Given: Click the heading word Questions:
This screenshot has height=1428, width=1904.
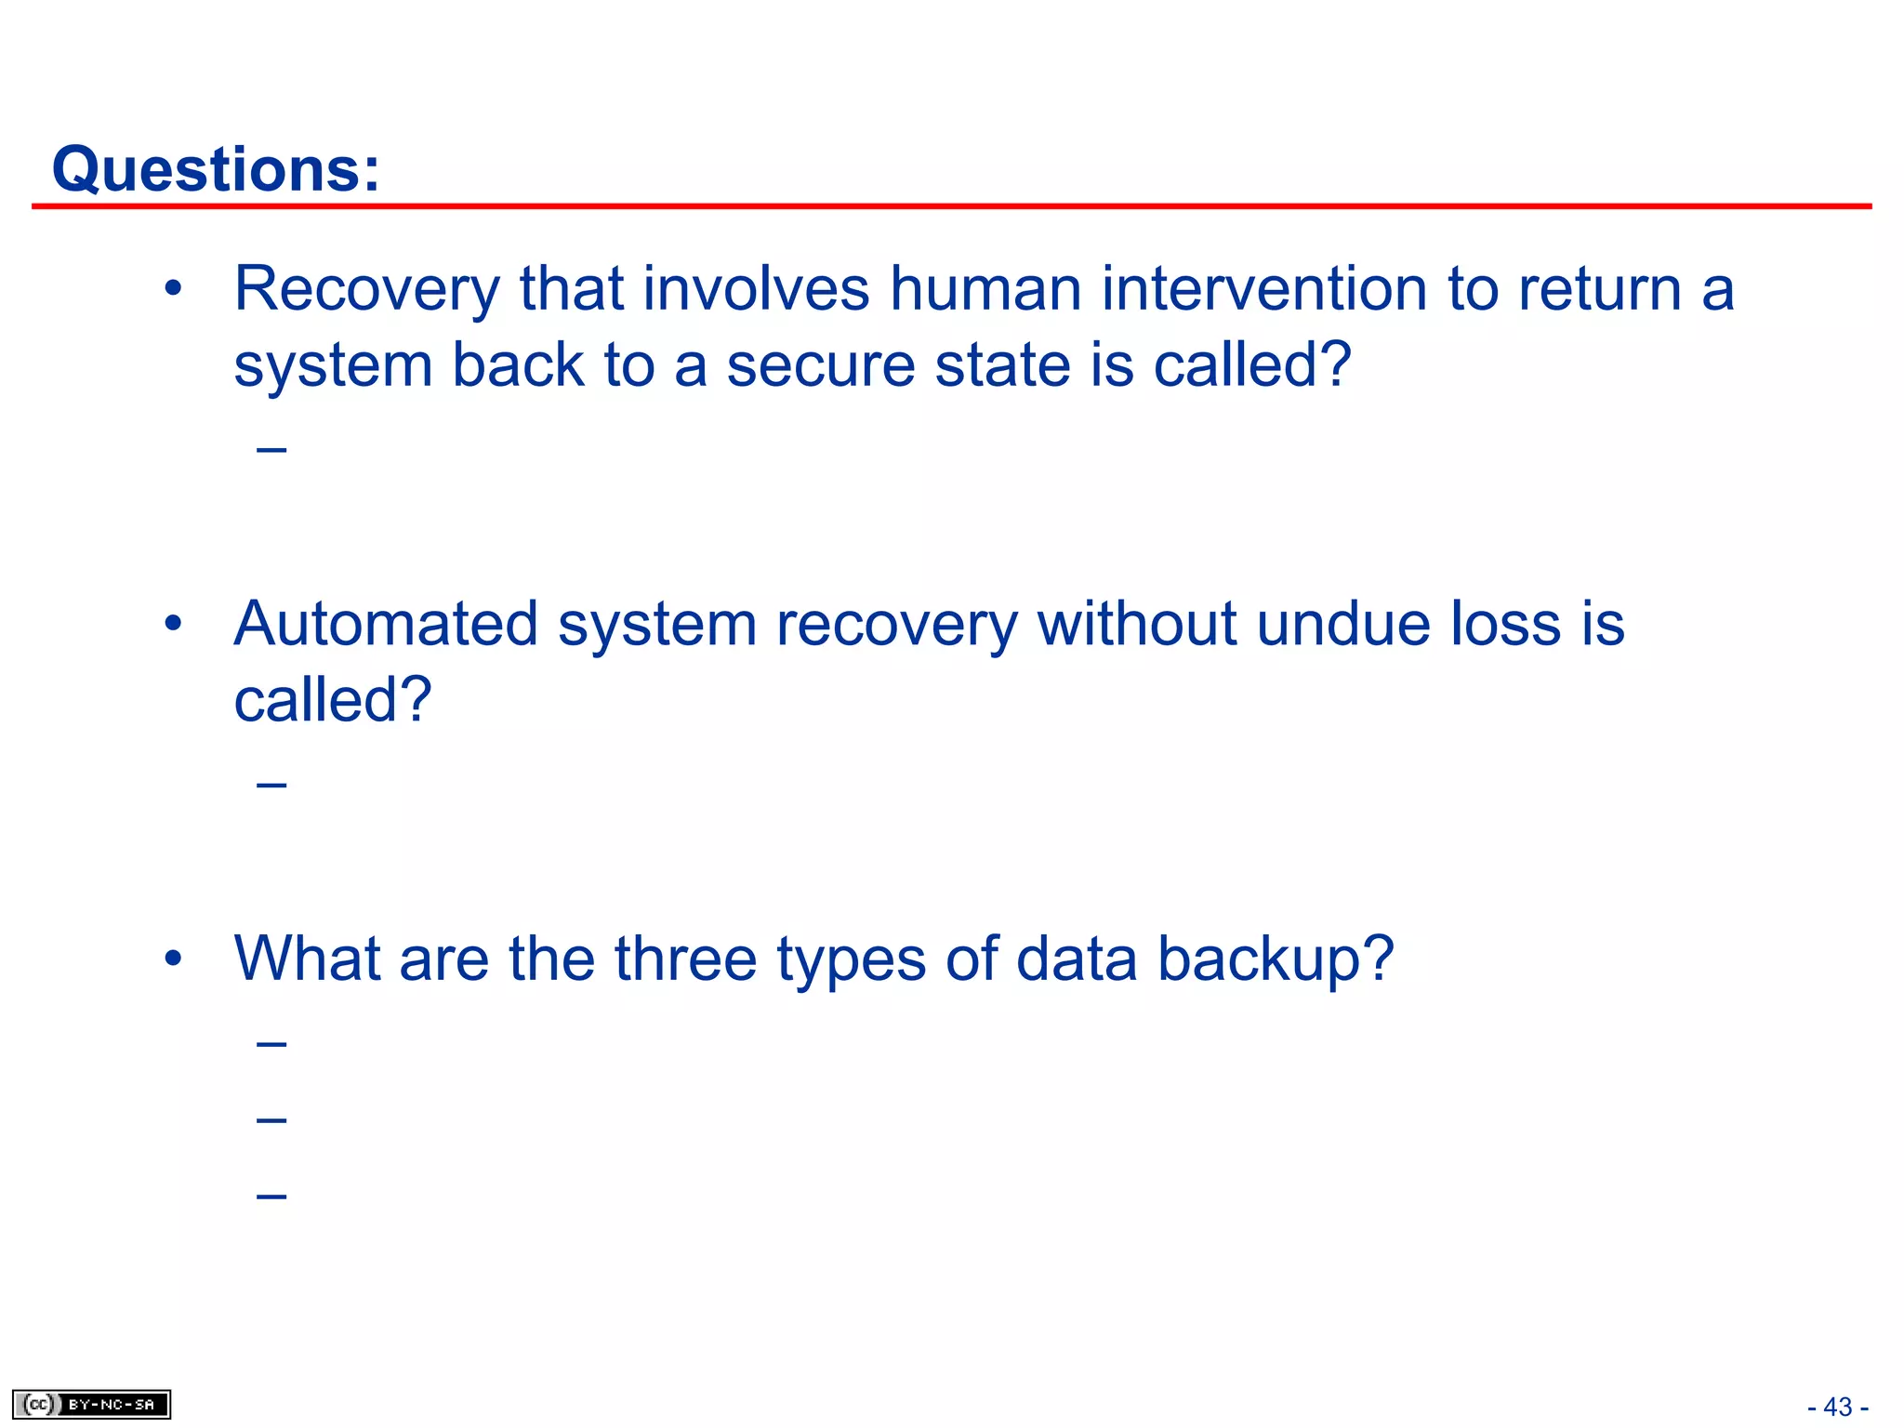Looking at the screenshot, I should pyautogui.click(x=216, y=169).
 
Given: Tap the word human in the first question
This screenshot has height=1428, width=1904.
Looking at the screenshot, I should pyautogui.click(x=985, y=289).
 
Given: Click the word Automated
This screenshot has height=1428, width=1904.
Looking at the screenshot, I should pyautogui.click(x=386, y=624).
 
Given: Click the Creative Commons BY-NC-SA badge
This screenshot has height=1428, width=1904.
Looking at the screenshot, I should pyautogui.click(x=91, y=1404).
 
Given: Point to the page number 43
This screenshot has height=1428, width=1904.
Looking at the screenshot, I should pyautogui.click(x=1838, y=1407).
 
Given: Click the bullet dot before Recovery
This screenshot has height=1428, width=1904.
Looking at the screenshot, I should pyautogui.click(x=173, y=289).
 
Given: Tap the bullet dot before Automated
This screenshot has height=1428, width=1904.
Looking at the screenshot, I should pyautogui.click(x=173, y=624).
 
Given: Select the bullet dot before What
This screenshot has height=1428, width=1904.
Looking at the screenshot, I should pyautogui.click(x=173, y=959).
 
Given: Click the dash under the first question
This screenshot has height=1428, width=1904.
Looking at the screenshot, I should pyautogui.click(x=271, y=451).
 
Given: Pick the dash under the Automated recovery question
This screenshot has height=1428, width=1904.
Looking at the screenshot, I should pyautogui.click(x=271, y=786).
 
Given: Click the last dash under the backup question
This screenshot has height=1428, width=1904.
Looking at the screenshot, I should pyautogui.click(x=271, y=1195).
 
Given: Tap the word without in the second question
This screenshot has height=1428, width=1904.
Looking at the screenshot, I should pyautogui.click(x=1136, y=624).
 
